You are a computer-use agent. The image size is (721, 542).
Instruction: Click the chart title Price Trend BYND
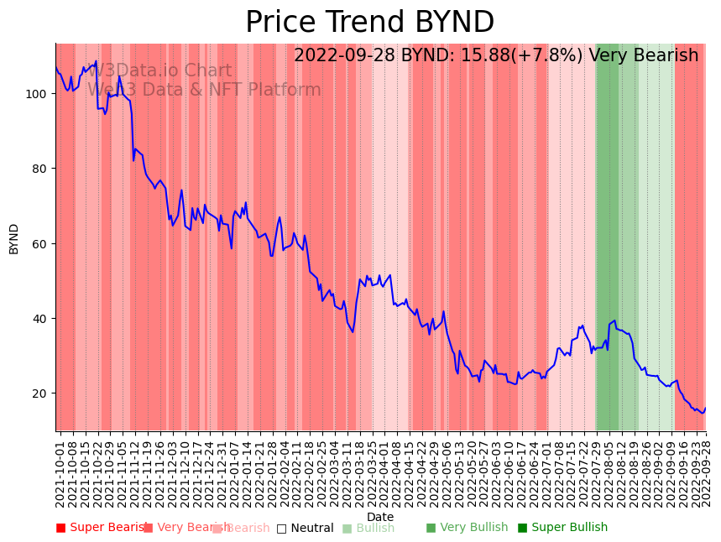(369, 23)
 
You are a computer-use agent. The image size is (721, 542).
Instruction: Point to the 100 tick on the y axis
(39, 93)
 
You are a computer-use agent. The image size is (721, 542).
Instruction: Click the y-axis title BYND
(14, 238)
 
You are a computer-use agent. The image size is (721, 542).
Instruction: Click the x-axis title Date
(380, 517)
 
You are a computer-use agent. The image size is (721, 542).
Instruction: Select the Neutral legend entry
(305, 528)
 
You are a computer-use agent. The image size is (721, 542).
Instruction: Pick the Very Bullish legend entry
(467, 528)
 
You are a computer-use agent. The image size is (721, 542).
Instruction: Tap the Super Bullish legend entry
(562, 528)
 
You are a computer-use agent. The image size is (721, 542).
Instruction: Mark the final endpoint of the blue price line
(705, 409)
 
